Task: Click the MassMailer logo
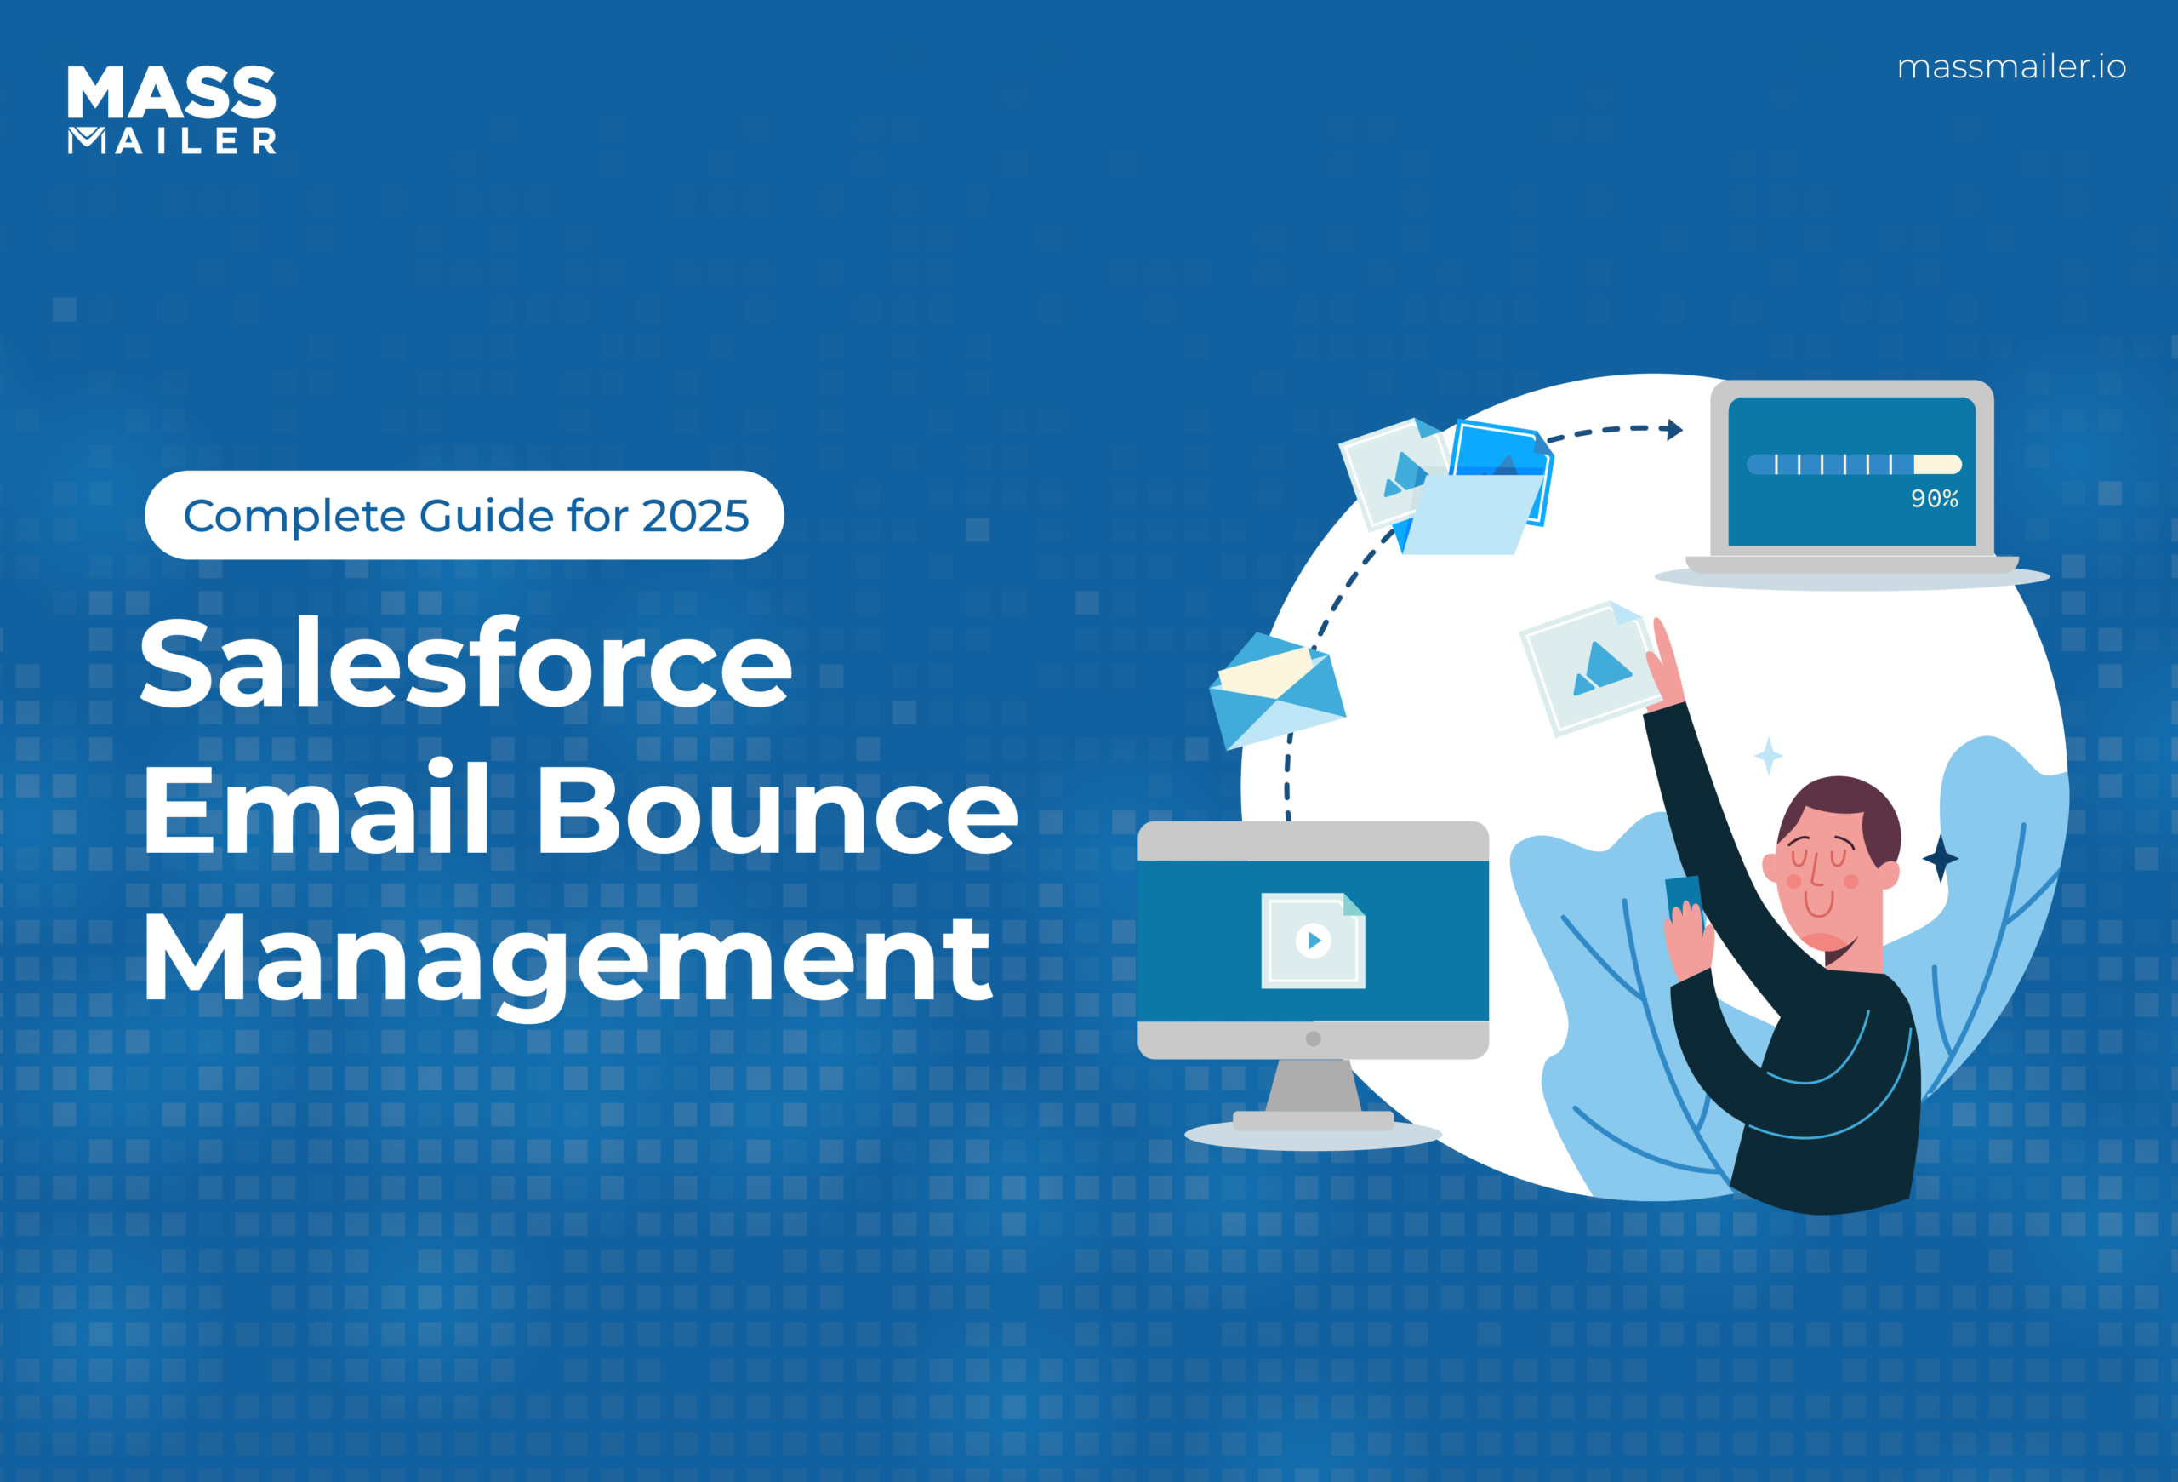pos(172,109)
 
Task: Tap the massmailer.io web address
pos(2011,66)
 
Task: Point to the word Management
pos(566,959)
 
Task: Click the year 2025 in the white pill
pos(695,516)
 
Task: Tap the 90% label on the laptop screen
pos(1935,499)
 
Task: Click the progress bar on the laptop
pos(1854,464)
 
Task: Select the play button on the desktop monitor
pos(1313,941)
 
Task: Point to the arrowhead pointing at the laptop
pos(1673,429)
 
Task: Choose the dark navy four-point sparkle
pos(1940,858)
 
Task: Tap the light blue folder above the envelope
pos(1471,513)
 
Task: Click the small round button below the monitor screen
pos(1313,1039)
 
